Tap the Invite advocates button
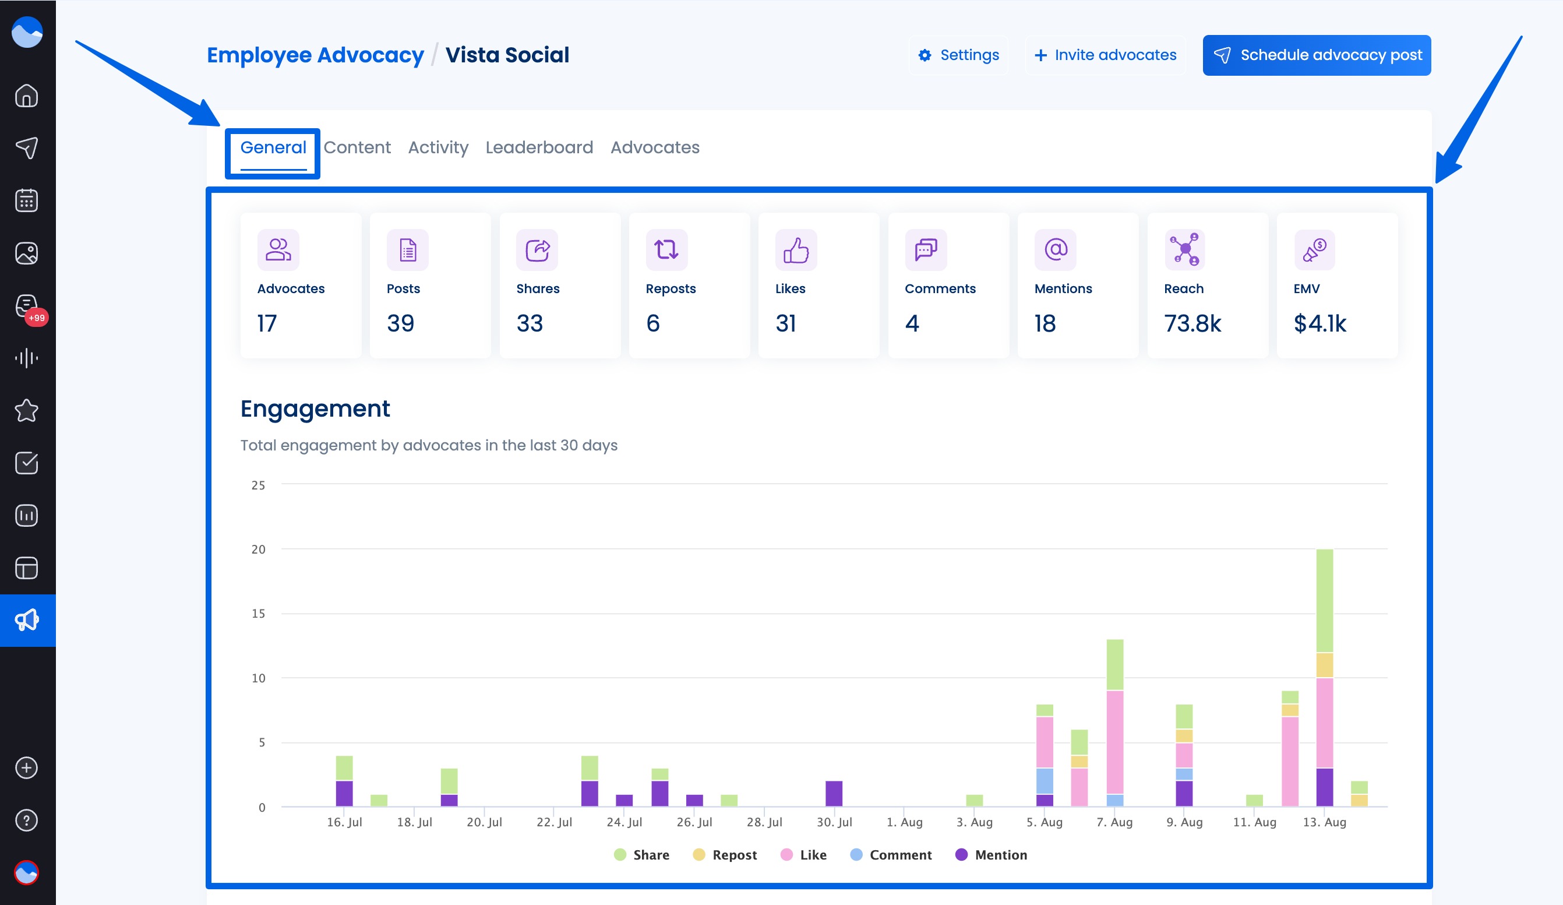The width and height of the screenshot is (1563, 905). (x=1105, y=55)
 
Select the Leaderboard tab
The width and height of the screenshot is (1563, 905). (x=539, y=147)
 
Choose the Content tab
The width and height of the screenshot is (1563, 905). (x=357, y=147)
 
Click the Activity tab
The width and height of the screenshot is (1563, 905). (x=438, y=147)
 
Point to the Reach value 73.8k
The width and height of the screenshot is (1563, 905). (x=1192, y=323)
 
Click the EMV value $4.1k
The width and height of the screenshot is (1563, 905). (x=1320, y=323)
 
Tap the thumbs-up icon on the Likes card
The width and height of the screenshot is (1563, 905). (x=796, y=250)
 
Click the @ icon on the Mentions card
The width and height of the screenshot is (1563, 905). (x=1055, y=250)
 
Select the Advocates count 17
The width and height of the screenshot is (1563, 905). (x=267, y=323)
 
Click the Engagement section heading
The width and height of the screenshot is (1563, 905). (x=315, y=409)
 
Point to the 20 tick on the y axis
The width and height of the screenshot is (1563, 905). (x=258, y=550)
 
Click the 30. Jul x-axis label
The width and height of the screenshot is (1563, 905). (x=834, y=822)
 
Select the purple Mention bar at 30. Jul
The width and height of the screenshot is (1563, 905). (x=834, y=793)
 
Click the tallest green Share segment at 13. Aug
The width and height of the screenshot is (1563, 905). (x=1324, y=600)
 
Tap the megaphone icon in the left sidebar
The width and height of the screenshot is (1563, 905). (x=27, y=620)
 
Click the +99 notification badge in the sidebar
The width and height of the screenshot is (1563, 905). (x=37, y=318)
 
